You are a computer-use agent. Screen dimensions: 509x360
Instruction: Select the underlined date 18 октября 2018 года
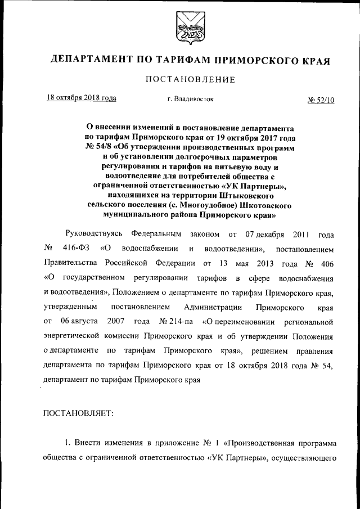coord(82,98)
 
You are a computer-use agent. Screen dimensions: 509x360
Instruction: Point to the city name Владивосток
coord(193,99)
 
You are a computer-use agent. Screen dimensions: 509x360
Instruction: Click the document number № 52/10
coord(321,100)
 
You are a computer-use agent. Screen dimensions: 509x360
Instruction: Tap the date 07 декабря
coord(266,233)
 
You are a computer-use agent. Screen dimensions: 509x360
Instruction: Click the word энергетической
coord(76,336)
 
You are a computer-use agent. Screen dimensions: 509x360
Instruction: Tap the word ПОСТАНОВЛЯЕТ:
coord(78,414)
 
